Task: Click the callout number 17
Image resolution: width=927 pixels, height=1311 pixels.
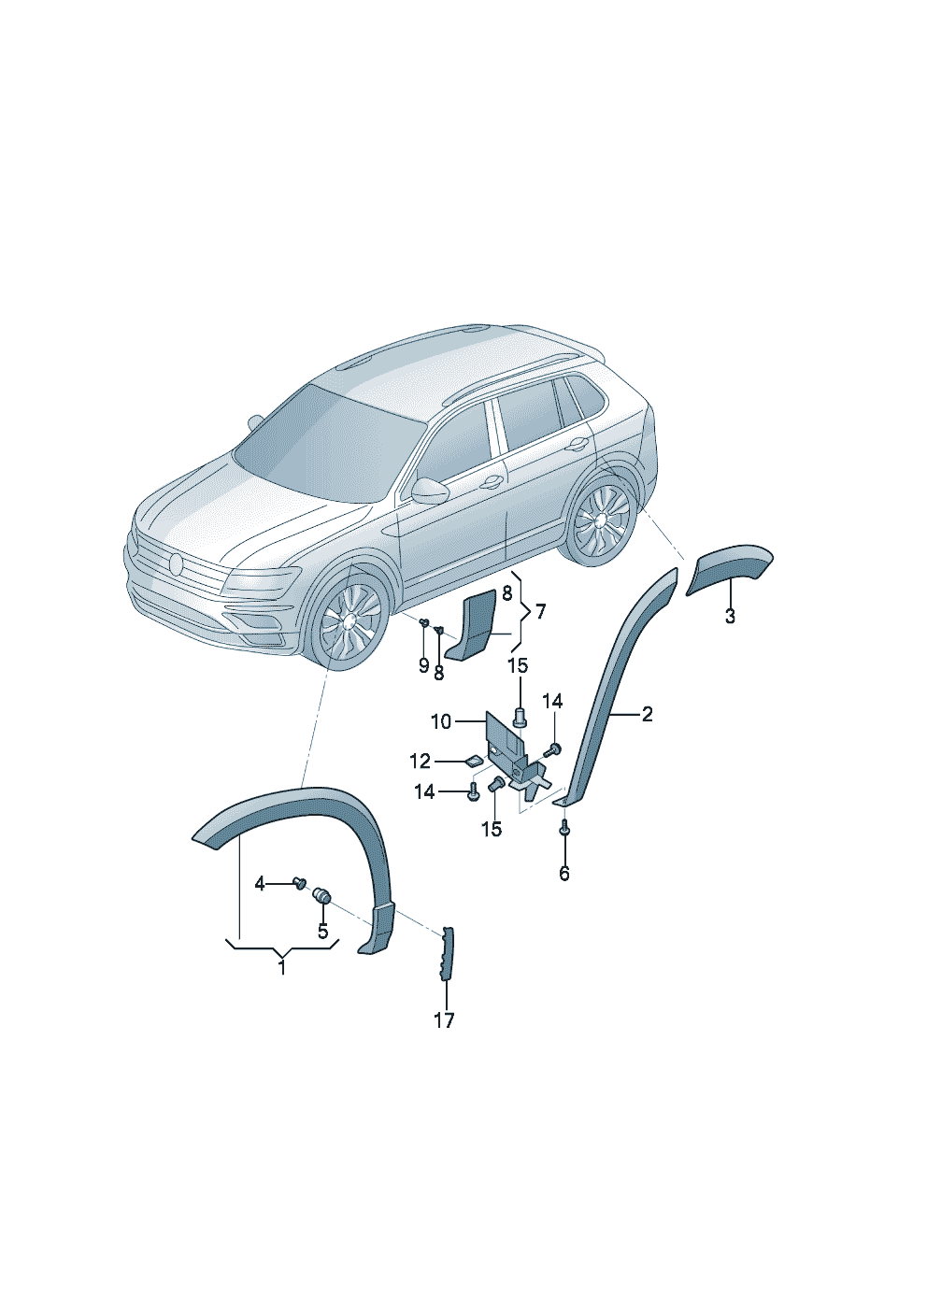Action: click(444, 1020)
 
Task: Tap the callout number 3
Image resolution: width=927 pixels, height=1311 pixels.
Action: click(730, 617)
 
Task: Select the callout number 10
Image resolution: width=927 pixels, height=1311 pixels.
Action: click(441, 722)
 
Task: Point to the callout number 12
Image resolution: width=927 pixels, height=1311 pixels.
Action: click(421, 761)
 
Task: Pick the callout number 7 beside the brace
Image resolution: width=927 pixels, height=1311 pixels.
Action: click(540, 613)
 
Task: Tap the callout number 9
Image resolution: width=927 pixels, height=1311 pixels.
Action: click(423, 666)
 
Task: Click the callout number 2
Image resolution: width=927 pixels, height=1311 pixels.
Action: click(647, 714)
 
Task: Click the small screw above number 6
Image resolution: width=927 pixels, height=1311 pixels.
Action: click(564, 827)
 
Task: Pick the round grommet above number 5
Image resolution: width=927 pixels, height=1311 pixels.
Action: click(322, 911)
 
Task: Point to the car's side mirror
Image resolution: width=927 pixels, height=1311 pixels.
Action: click(430, 491)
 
